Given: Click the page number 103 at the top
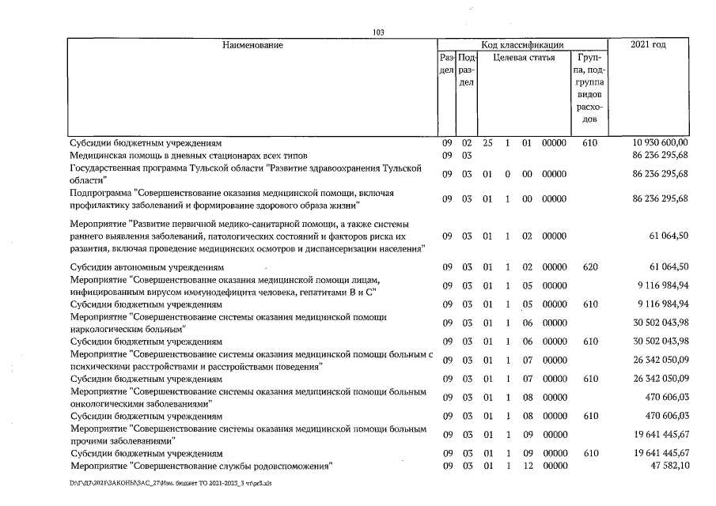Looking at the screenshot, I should coord(378,32).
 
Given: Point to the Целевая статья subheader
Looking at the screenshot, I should coord(524,58).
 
